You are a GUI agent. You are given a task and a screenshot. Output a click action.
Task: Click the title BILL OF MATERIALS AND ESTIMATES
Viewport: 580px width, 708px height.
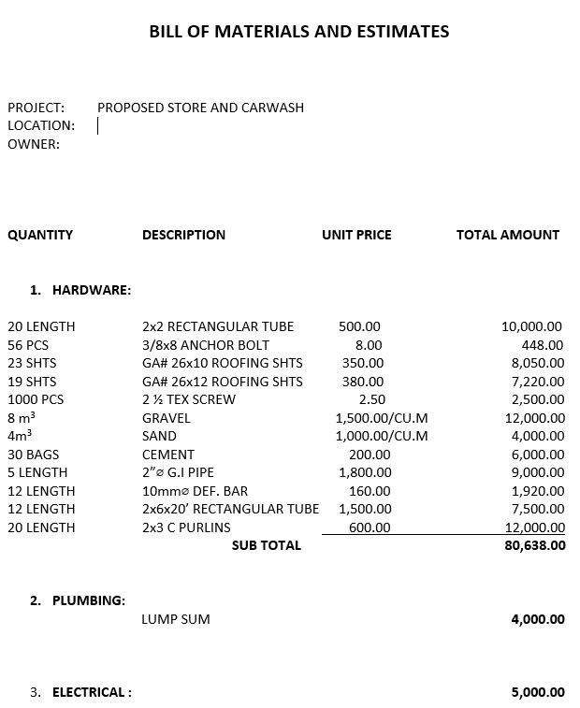[x=298, y=32]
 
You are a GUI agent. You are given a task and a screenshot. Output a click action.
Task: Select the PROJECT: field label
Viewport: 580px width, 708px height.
[x=36, y=108]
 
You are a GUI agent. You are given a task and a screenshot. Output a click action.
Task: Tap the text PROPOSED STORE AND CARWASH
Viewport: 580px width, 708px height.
[x=200, y=108]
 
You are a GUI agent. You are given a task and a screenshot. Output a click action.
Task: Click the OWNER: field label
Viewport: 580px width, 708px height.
[x=34, y=144]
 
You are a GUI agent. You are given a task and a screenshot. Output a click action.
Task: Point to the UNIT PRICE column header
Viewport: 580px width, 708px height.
[x=356, y=235]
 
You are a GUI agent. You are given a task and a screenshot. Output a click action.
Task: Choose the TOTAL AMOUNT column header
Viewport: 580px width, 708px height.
[x=507, y=235]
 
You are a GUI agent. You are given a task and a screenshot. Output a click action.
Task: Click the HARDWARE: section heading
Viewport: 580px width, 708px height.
[x=91, y=290]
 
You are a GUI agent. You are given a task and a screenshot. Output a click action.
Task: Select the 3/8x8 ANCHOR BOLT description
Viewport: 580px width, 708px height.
[x=206, y=345]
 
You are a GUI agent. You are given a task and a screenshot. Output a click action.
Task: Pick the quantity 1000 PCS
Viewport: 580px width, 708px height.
[x=36, y=399]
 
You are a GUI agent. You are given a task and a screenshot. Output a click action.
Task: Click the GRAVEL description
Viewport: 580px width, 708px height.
[x=166, y=418]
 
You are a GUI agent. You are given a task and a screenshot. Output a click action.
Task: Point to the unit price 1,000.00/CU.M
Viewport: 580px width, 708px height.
[x=382, y=436]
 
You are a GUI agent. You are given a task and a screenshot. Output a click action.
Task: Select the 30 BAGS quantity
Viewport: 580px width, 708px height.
[x=34, y=455]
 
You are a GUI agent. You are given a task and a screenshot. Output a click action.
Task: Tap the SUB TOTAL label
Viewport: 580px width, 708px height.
[x=267, y=545]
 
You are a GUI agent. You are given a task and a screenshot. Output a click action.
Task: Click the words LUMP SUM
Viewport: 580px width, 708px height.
[x=176, y=619]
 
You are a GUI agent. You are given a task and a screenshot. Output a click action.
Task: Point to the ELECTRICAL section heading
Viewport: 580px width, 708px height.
[x=92, y=692]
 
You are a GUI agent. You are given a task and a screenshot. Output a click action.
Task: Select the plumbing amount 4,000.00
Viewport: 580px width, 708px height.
[x=538, y=619]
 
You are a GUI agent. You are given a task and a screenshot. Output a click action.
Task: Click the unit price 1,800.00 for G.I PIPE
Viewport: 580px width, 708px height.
[x=365, y=472]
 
